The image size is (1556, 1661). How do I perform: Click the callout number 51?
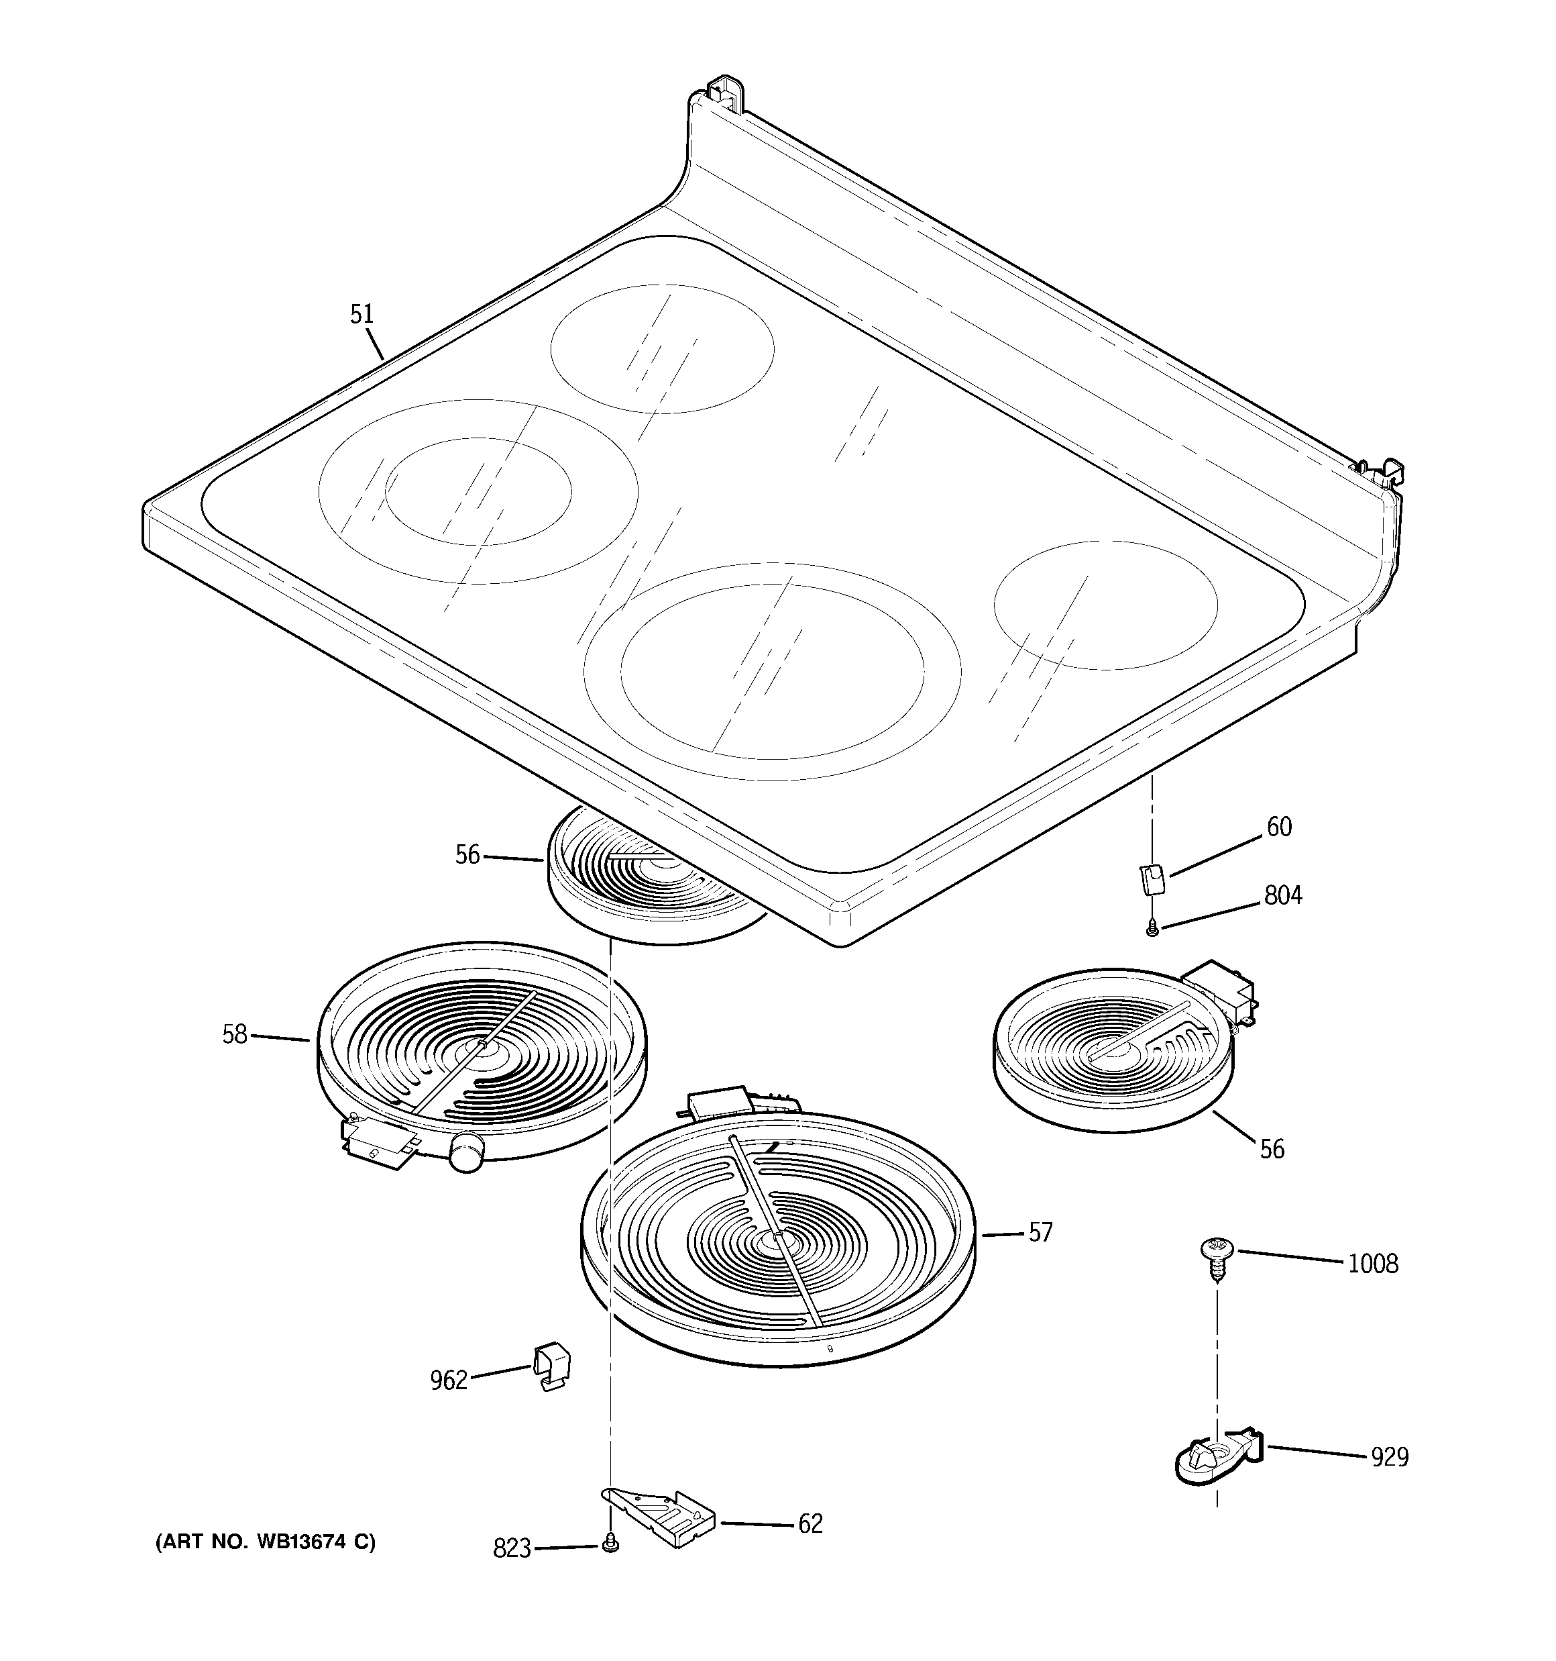(362, 314)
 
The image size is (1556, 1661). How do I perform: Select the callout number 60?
(1279, 827)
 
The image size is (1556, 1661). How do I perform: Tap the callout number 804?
(1283, 896)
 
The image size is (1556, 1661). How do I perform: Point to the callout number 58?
(235, 1034)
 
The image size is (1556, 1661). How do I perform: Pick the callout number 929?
(1390, 1457)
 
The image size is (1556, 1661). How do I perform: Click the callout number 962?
(449, 1380)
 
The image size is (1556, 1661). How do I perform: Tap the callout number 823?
(512, 1549)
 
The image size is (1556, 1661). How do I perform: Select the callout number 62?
(810, 1524)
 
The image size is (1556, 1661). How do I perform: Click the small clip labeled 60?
(1153, 879)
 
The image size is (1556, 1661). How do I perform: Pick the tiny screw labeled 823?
(610, 1546)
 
